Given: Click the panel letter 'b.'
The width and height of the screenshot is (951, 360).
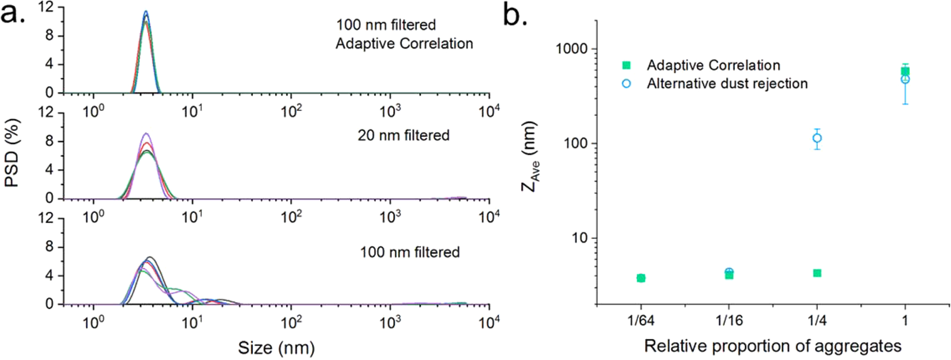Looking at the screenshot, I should (x=515, y=15).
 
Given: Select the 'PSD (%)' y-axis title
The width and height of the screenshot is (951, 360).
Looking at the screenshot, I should (x=13, y=153).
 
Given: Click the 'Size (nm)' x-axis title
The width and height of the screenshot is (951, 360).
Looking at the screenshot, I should (x=276, y=348).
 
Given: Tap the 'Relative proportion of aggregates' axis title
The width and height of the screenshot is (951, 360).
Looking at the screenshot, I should (x=772, y=346).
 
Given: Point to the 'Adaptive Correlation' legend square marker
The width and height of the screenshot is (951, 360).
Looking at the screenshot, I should (x=626, y=65).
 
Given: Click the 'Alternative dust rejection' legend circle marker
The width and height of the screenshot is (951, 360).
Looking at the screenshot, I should (x=626, y=84).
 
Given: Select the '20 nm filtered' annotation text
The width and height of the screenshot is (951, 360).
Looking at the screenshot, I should (x=404, y=135).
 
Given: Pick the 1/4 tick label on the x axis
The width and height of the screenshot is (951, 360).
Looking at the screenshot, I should (x=817, y=320).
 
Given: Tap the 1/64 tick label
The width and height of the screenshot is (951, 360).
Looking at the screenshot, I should (x=641, y=320).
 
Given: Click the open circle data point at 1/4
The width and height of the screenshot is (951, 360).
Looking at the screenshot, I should (x=817, y=138).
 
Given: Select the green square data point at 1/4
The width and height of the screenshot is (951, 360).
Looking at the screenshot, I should (x=817, y=273).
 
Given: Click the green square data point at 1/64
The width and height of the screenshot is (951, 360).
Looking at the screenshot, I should (x=641, y=278).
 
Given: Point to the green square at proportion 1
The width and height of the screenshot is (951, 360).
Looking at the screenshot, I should (x=905, y=71).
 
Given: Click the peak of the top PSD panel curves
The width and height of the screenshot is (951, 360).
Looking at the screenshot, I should (x=146, y=13).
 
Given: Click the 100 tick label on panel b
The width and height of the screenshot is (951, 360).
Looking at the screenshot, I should (x=575, y=143).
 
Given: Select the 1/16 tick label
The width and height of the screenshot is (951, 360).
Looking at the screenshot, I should (x=729, y=320).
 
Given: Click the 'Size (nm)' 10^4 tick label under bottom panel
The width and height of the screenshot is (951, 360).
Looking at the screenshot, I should (x=489, y=323).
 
